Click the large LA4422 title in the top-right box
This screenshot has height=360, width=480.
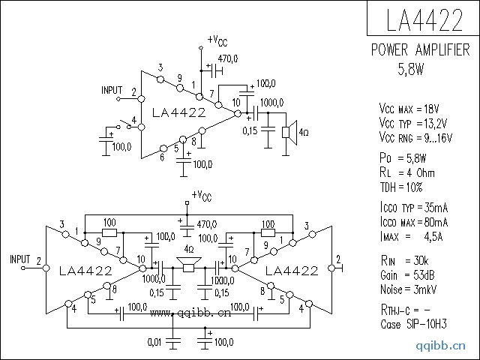(x=423, y=20)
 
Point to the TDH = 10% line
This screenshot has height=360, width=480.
(x=401, y=187)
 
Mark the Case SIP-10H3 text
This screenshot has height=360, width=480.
(x=413, y=324)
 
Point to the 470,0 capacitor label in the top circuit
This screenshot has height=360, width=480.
(x=227, y=58)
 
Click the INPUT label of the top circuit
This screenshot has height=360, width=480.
(x=112, y=91)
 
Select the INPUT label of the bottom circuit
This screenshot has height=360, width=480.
(x=20, y=259)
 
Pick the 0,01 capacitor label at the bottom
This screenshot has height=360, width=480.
(x=155, y=342)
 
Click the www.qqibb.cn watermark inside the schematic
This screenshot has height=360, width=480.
(x=190, y=315)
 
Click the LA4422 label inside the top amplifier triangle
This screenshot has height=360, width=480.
(x=178, y=113)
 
